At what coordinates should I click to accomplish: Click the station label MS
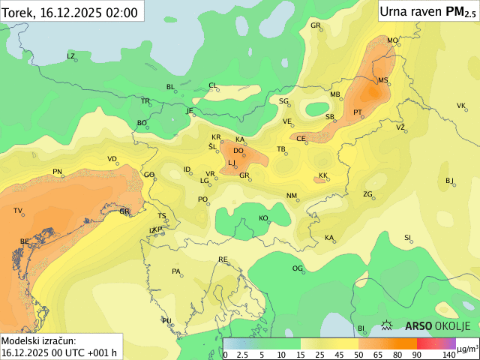coord(382,80)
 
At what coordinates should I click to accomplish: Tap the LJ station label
coord(232,163)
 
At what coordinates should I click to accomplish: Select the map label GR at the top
coord(315,25)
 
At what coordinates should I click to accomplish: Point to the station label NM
coord(291,196)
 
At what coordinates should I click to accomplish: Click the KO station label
coord(263,218)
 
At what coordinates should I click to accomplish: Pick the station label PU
coord(166,320)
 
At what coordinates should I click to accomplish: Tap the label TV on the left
coord(18,211)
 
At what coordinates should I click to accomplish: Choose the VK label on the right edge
coord(460,106)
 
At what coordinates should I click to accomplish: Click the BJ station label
coord(449,180)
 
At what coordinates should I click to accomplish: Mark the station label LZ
coord(71,56)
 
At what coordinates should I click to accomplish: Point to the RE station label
coord(223,259)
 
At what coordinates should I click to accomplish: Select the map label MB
coord(334,94)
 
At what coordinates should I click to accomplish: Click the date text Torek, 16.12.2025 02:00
coord(70,13)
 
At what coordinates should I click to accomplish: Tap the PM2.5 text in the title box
coord(460,11)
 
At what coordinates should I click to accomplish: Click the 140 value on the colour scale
coord(448,354)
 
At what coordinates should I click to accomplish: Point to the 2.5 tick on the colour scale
coord(243,354)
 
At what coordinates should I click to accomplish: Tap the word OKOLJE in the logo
coord(454,325)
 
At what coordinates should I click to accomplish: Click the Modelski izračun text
coord(38,340)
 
